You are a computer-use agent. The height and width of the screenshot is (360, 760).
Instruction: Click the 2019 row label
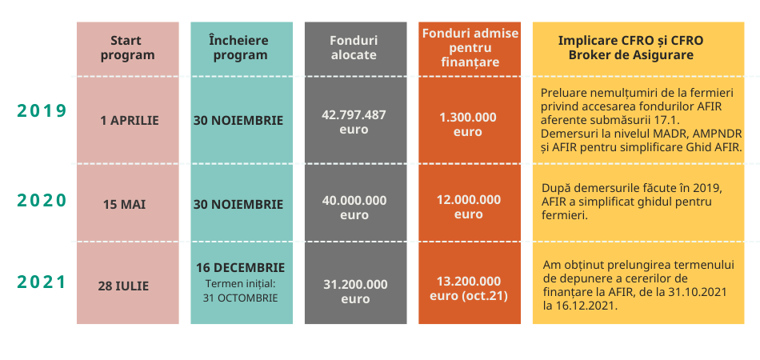click(42, 111)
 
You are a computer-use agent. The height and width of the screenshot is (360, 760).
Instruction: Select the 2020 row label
click(42, 200)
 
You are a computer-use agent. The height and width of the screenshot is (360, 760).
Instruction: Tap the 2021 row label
click(42, 282)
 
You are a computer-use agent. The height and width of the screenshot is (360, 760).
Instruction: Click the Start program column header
click(127, 47)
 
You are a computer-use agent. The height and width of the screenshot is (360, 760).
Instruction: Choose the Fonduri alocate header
click(354, 47)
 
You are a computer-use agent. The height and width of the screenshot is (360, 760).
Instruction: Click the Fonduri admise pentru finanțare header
click(470, 47)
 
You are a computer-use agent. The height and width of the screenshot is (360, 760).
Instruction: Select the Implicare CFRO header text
click(630, 47)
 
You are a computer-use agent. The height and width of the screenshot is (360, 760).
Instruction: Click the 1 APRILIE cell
click(130, 121)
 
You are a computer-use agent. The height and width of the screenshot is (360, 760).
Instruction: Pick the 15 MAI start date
click(125, 205)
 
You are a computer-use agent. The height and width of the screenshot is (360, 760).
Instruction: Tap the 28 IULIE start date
click(123, 286)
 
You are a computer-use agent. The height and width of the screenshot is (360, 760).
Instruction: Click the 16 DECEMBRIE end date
click(241, 267)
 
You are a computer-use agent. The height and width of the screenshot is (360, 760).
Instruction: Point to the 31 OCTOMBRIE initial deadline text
click(241, 298)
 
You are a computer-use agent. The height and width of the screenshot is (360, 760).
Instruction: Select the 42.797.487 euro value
click(354, 122)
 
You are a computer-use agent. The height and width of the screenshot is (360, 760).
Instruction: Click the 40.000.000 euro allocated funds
click(354, 207)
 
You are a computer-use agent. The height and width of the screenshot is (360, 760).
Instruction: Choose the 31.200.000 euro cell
click(355, 292)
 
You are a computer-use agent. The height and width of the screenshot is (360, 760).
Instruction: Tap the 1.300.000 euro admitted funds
click(468, 125)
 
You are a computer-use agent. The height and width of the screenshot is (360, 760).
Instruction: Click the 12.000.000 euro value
click(468, 207)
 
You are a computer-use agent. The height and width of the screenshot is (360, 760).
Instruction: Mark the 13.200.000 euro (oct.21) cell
click(469, 289)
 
